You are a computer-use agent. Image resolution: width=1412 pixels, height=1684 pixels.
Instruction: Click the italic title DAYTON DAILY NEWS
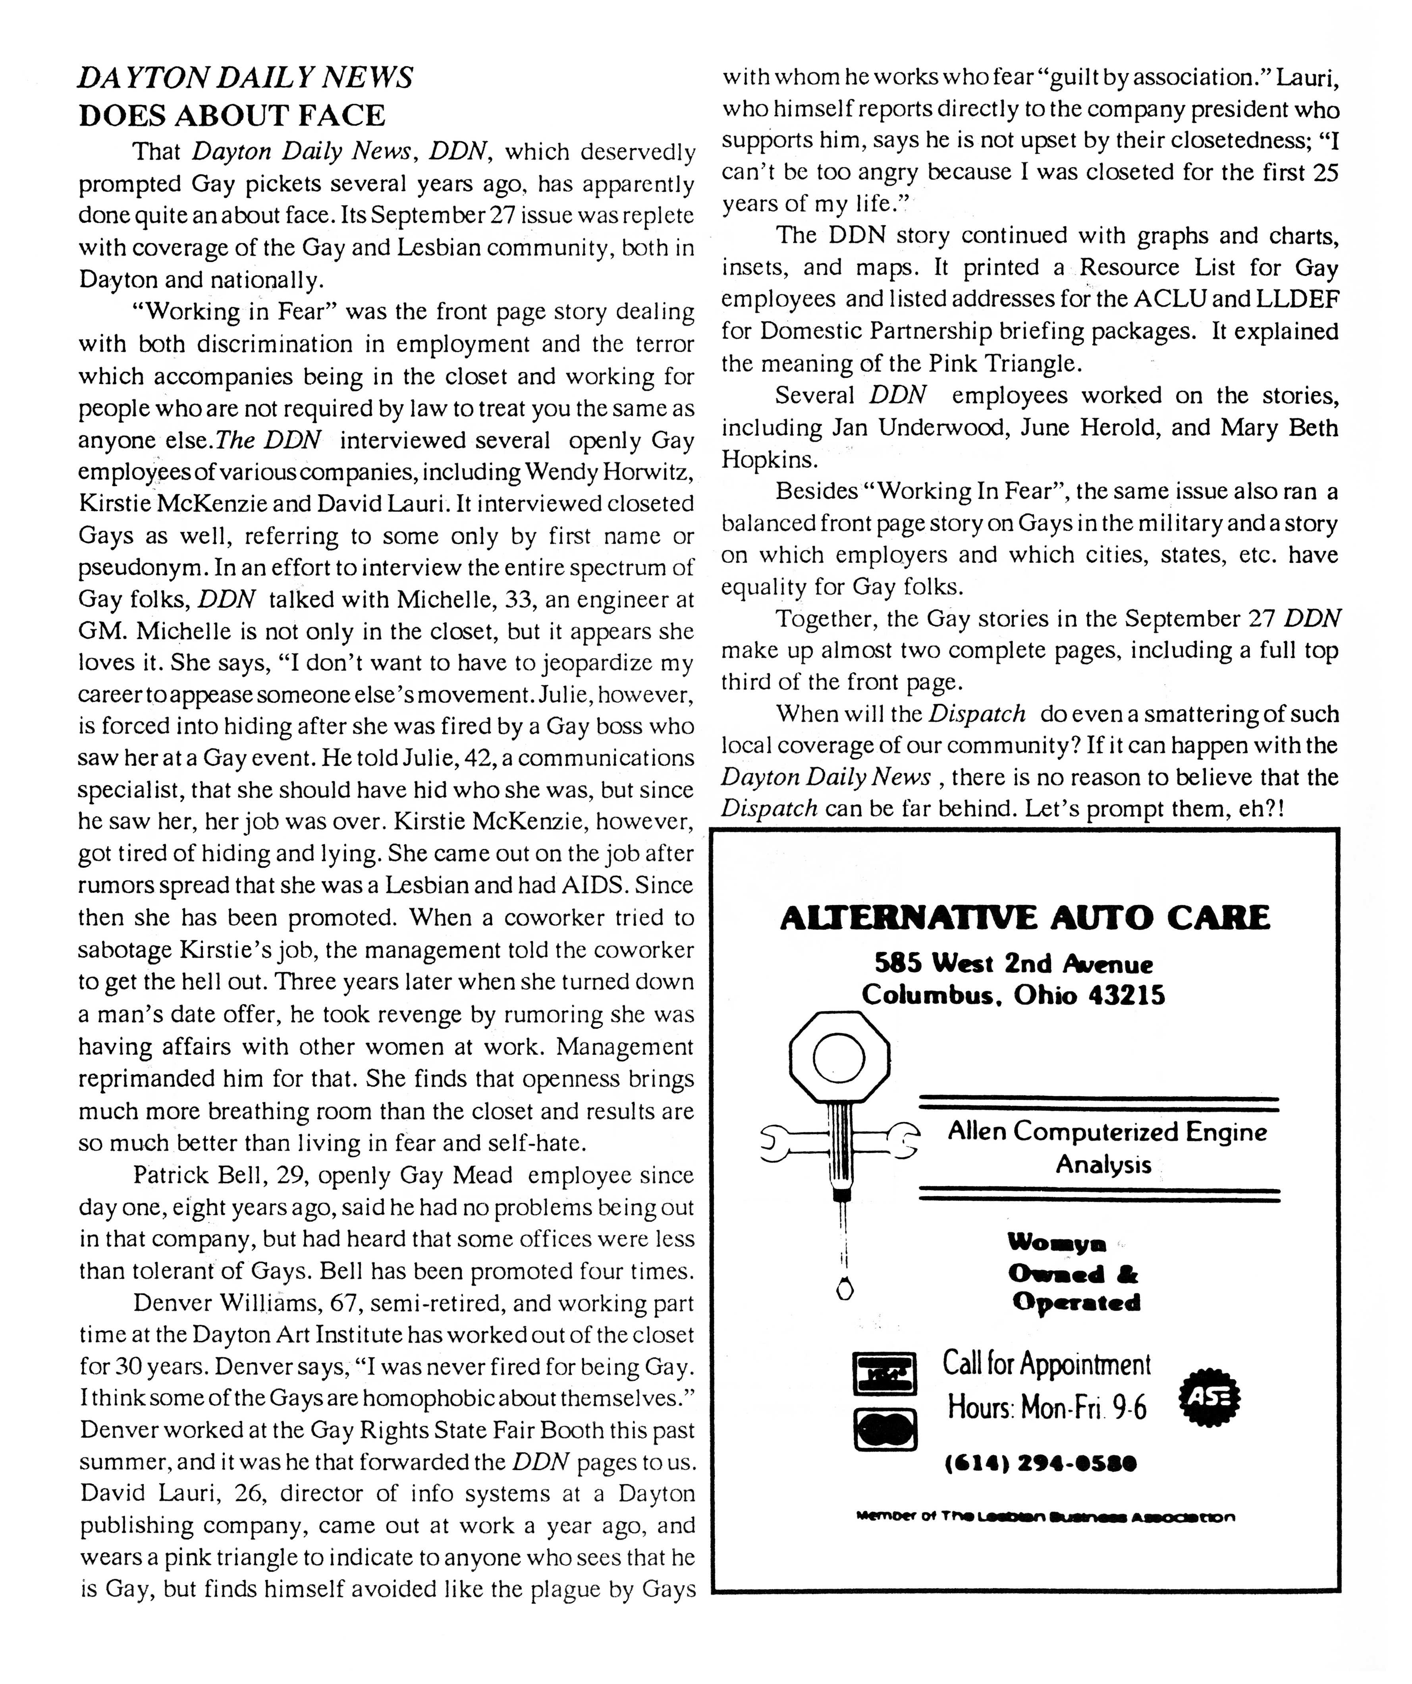pos(245,78)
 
